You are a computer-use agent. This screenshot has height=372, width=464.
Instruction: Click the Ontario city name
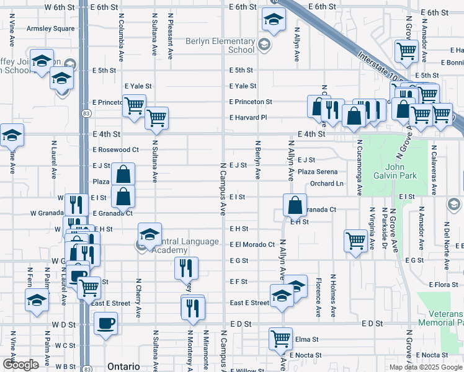coord(123,366)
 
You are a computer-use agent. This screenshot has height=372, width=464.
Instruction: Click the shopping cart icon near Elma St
coord(280,339)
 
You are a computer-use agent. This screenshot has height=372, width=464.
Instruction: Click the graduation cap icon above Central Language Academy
coord(149,234)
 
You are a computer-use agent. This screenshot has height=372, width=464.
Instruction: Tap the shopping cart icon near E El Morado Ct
coord(355,239)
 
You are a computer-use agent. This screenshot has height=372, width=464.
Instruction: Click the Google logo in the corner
coord(20,365)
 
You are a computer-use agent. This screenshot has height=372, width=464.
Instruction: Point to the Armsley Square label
coord(50,29)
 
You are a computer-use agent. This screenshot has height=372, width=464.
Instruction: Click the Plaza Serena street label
coord(318,172)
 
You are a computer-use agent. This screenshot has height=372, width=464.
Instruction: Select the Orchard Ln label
coord(327,184)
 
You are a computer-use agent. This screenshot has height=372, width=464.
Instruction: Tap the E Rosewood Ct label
coord(116,150)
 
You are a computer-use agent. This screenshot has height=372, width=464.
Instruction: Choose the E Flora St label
coord(443,285)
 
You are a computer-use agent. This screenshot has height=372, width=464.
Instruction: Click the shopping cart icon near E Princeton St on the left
coord(134,106)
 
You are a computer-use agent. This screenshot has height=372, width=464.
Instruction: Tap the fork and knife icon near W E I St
coord(74,203)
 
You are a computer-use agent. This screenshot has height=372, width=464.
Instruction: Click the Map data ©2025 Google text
coord(426,367)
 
